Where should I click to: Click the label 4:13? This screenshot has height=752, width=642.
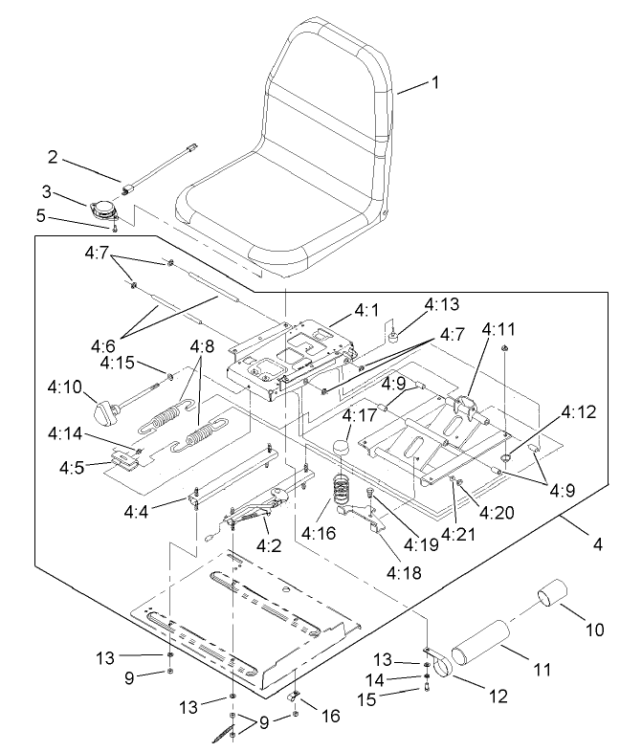(x=416, y=305)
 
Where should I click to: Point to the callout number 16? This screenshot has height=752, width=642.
(x=331, y=717)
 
